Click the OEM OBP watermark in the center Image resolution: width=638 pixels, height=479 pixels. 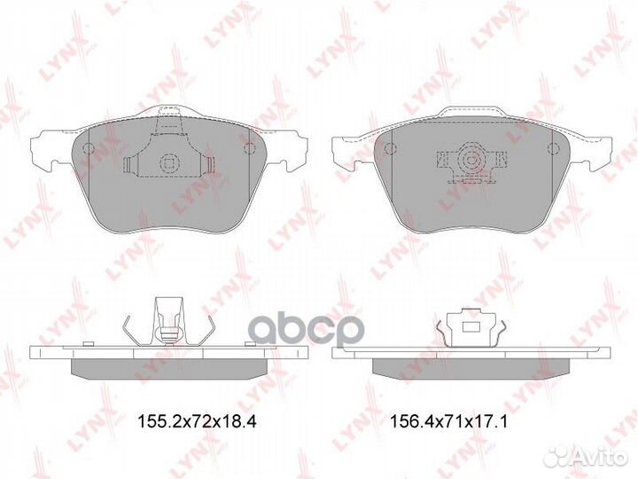point(304,329)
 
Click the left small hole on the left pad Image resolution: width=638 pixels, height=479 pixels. point(87,147)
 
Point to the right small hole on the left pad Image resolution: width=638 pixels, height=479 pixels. point(250,147)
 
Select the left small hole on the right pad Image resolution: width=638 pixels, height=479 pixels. point(386,146)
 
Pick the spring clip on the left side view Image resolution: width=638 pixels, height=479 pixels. point(167,323)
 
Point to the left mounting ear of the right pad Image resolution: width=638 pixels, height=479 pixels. point(348,151)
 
